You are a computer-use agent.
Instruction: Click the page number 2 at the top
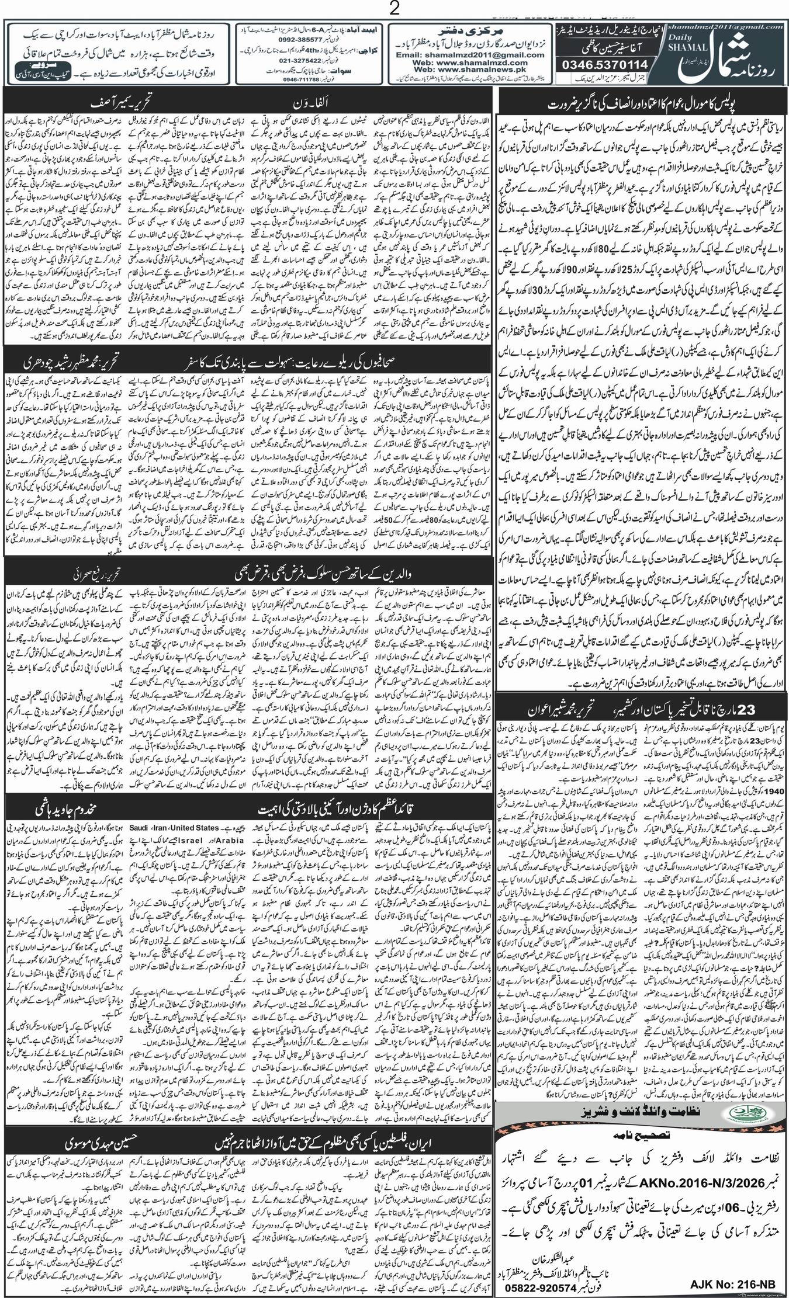394,9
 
